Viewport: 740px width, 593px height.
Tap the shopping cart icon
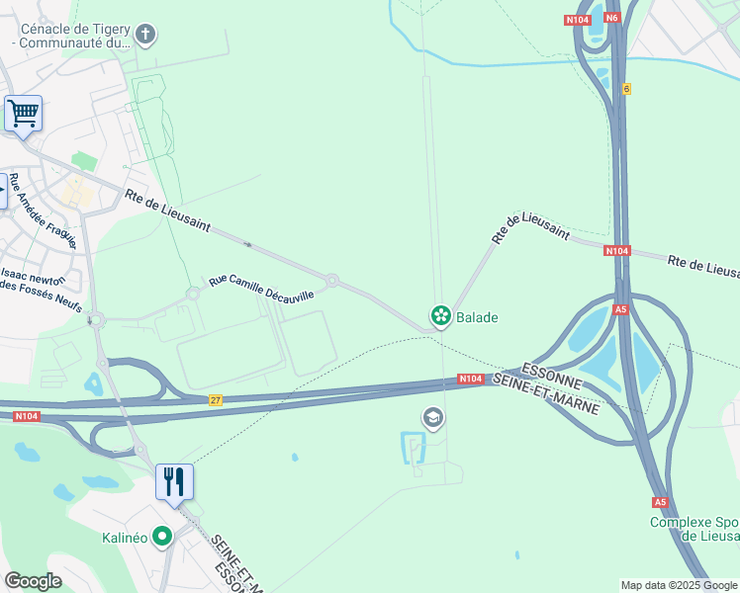click(23, 113)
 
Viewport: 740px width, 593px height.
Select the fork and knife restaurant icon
click(174, 482)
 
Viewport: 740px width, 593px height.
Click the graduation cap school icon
click(432, 418)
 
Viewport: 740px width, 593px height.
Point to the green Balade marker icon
click(440, 317)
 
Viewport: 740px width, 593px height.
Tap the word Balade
click(477, 317)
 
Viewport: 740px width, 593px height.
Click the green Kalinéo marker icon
click(162, 538)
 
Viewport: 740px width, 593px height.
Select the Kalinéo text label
click(125, 538)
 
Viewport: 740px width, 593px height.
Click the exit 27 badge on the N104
click(216, 400)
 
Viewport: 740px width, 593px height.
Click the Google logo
click(33, 581)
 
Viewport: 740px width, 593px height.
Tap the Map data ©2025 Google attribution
click(680, 585)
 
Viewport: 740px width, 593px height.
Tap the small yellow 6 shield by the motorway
click(626, 89)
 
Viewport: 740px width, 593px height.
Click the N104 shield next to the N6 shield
click(579, 20)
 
